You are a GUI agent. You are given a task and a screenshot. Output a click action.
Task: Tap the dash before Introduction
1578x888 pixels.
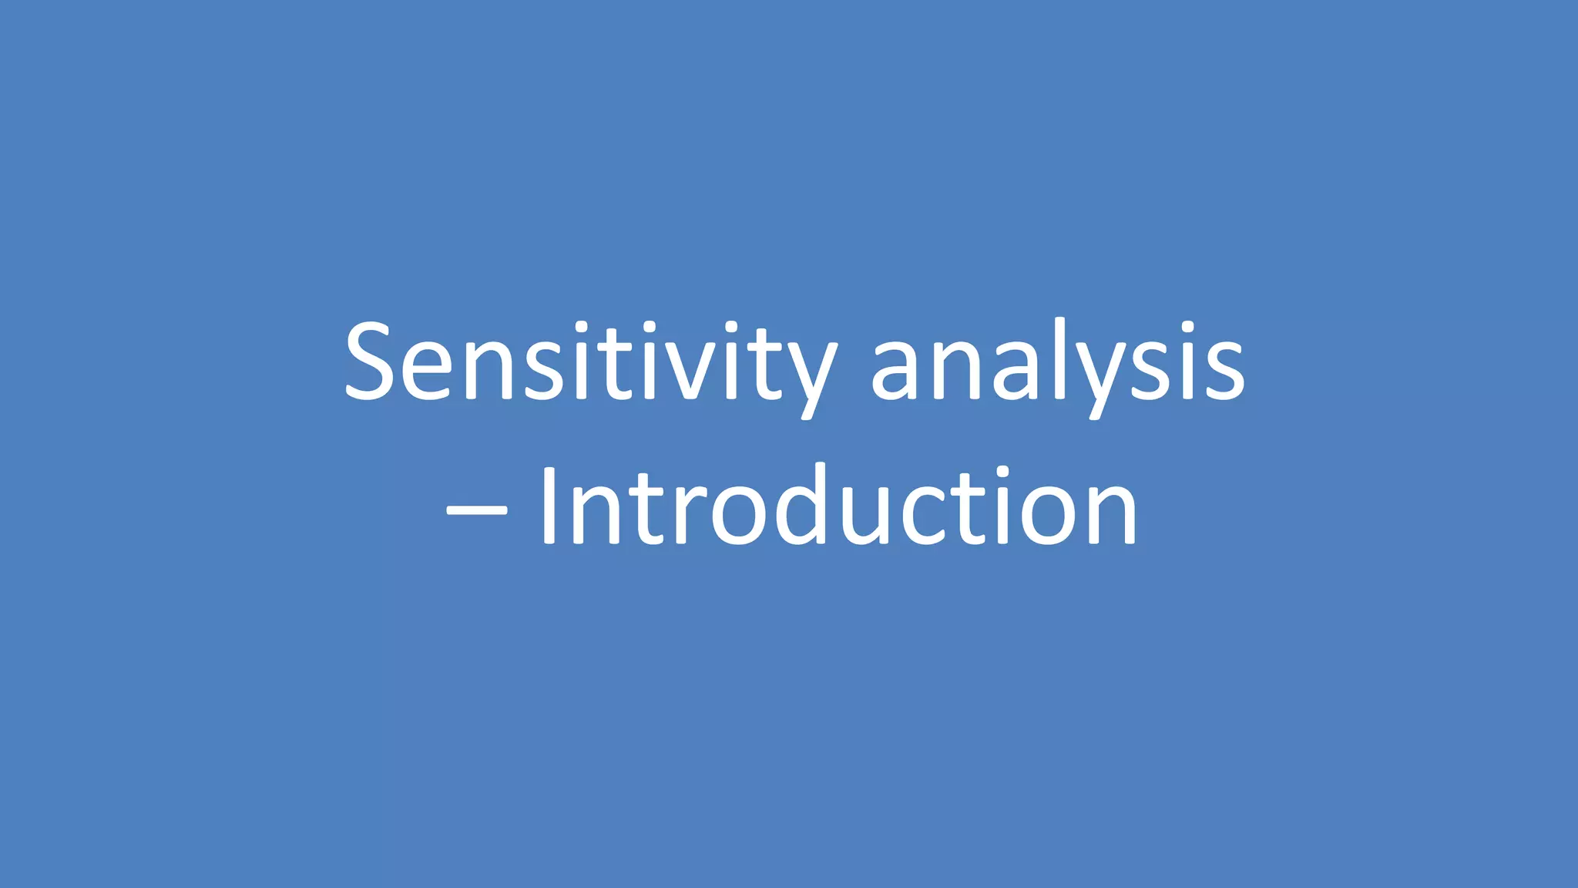(x=477, y=510)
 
